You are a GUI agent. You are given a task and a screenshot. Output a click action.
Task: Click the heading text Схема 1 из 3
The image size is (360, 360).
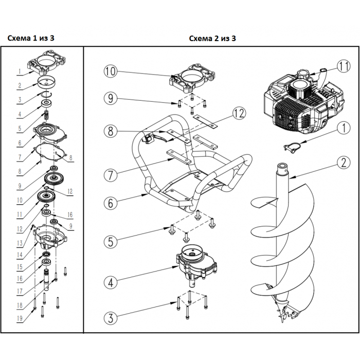[x=32, y=38]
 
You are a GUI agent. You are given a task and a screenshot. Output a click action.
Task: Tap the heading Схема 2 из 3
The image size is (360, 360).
[x=212, y=38]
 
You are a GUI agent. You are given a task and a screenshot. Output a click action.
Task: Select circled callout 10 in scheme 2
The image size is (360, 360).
[x=111, y=71]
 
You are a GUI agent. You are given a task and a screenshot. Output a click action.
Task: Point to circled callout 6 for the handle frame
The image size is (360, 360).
[x=111, y=203]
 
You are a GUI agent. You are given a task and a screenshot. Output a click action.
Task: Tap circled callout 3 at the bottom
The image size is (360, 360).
[x=111, y=317]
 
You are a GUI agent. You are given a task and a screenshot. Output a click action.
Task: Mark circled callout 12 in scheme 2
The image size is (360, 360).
[x=237, y=112]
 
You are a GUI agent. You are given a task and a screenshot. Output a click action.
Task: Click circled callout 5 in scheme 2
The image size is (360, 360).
[x=111, y=240]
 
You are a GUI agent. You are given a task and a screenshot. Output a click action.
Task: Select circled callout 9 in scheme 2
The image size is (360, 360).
[x=111, y=97]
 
